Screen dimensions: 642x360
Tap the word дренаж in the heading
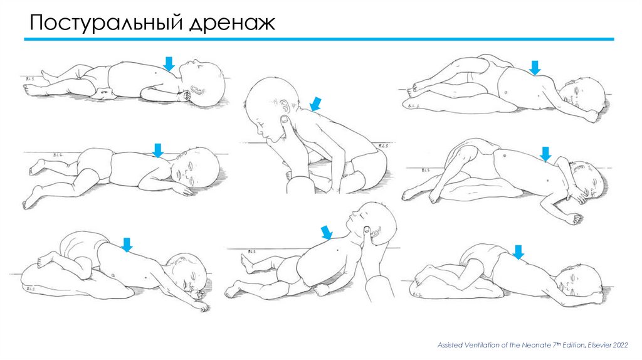click(x=232, y=24)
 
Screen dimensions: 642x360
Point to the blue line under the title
click(x=319, y=40)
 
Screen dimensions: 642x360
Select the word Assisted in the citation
click(x=450, y=345)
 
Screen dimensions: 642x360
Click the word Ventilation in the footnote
click(x=481, y=345)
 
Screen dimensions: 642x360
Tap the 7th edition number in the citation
click(x=554, y=344)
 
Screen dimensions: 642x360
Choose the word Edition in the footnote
click(x=573, y=345)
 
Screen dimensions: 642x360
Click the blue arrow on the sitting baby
click(x=315, y=104)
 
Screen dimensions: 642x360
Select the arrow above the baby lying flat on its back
click(x=169, y=63)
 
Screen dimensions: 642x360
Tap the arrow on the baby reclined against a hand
click(x=327, y=232)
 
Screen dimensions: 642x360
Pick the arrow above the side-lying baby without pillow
click(x=157, y=151)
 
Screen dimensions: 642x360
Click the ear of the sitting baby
click(x=285, y=105)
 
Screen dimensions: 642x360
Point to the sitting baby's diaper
click(x=369, y=166)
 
